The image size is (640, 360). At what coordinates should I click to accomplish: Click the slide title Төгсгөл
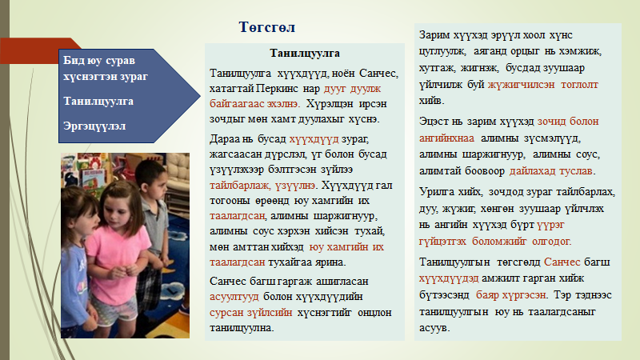pos(267,27)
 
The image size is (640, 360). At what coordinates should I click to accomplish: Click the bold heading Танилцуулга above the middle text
pos(305,53)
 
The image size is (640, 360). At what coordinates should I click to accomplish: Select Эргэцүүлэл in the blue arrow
pos(94,126)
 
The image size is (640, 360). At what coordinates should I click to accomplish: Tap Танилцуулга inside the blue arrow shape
pos(98,102)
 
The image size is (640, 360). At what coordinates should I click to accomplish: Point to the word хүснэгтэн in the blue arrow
pos(88,77)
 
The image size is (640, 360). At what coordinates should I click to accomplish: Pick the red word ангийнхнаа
pos(446,138)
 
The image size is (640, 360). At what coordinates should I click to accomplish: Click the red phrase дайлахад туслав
pos(550,171)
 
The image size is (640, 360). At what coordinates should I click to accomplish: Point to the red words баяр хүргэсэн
pos(510,295)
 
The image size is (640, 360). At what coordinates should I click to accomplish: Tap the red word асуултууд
pos(234,297)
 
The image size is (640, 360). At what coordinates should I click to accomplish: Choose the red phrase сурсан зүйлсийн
pos(250,313)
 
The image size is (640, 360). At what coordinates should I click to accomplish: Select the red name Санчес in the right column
pos(562,262)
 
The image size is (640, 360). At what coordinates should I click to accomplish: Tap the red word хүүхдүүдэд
pos(449,278)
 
